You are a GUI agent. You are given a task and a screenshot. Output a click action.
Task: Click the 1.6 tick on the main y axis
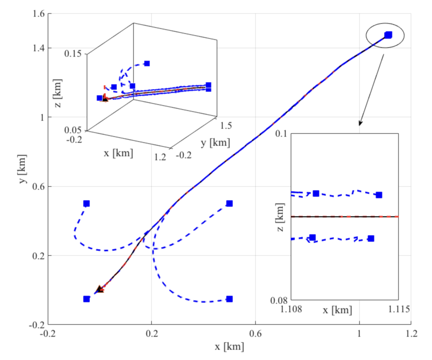click(x=38, y=14)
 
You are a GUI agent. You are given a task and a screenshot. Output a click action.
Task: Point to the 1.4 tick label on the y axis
click(x=38, y=48)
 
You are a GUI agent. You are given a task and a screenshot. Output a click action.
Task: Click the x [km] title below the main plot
click(x=229, y=346)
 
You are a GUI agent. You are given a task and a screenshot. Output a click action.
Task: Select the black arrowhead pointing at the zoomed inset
click(x=360, y=123)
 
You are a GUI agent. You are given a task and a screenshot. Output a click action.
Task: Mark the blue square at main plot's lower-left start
click(x=86, y=299)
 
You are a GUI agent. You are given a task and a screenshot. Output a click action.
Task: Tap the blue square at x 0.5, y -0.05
click(x=229, y=299)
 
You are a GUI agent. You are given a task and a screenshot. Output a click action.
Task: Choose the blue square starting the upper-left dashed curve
click(x=86, y=203)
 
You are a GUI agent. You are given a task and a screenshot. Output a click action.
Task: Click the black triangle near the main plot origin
click(x=99, y=289)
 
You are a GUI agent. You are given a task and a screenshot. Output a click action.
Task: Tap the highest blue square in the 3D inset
click(x=146, y=63)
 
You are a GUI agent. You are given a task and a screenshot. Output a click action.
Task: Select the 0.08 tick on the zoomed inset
click(x=279, y=300)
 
